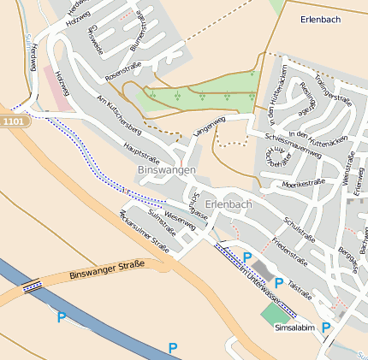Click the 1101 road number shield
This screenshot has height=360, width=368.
click(x=15, y=121)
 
